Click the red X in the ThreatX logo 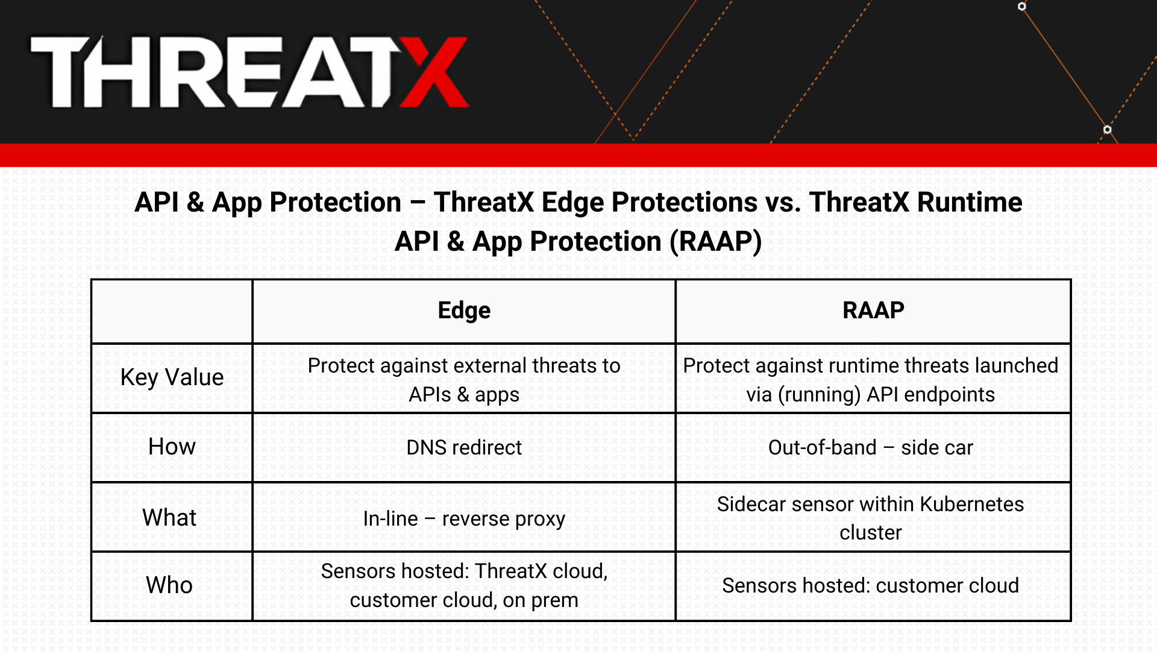click(434, 72)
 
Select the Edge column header click(463, 310)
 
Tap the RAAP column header click(873, 310)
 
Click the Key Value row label click(172, 377)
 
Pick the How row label click(172, 447)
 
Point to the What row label click(169, 518)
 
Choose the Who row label click(169, 585)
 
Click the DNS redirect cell click(463, 447)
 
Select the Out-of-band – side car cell click(870, 447)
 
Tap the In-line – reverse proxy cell click(463, 518)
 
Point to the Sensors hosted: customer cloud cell click(870, 585)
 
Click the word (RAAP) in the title click(716, 242)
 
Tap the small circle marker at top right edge click(1022, 7)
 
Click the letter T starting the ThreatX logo click(60, 72)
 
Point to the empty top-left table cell click(172, 311)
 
